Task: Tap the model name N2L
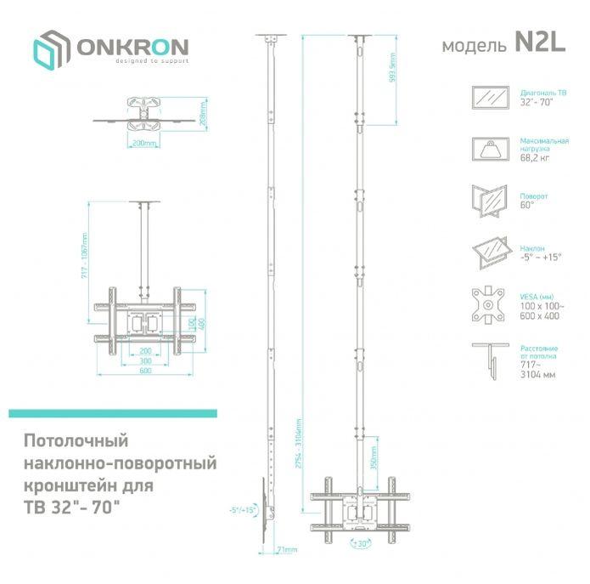pos(539,44)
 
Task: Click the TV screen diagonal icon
pos(490,97)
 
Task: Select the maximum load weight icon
pos(490,150)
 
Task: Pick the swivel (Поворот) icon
pos(490,201)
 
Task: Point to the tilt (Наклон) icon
pos(490,252)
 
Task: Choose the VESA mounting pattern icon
pos(490,303)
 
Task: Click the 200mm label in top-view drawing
pos(144,144)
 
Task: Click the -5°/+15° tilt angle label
pos(242,509)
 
